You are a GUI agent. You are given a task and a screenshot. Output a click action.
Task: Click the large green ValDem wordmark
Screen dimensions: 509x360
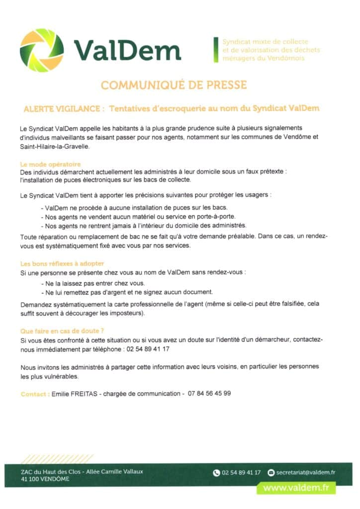click(x=127, y=50)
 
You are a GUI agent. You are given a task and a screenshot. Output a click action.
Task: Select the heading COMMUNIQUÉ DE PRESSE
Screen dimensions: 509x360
click(x=174, y=85)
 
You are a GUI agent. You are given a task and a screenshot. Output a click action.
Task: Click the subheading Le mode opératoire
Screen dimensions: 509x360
click(x=50, y=164)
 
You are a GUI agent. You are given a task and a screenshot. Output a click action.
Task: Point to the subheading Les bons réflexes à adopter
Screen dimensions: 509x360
click(x=62, y=263)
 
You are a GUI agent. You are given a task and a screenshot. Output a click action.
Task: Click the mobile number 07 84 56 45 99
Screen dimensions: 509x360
click(x=209, y=393)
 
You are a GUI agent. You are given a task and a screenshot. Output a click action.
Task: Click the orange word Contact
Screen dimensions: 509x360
click(x=34, y=394)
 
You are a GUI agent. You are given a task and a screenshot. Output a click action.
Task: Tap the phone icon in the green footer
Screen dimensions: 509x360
click(x=216, y=473)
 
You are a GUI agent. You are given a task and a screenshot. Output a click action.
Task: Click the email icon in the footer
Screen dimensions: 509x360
click(x=271, y=473)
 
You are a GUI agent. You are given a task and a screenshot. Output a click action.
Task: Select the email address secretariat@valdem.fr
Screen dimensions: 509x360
click(x=306, y=473)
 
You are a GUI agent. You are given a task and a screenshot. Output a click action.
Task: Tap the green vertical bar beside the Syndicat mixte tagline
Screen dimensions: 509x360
click(x=216, y=50)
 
